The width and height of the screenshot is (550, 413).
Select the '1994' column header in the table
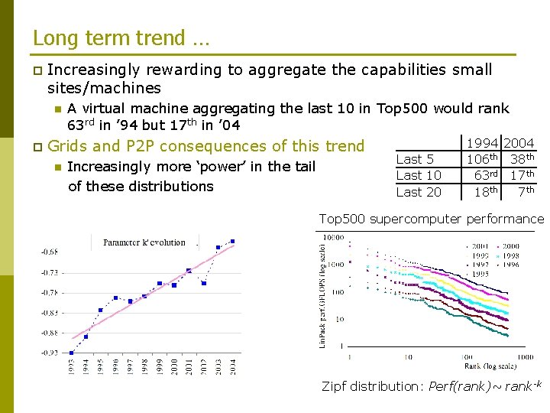[x=483, y=143]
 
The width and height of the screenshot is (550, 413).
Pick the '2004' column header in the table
[x=519, y=143]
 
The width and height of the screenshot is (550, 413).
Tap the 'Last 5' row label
[x=415, y=159]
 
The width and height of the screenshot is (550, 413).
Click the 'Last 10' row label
[x=419, y=176]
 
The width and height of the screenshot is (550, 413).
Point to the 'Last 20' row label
[x=419, y=193]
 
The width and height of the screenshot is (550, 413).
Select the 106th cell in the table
[x=483, y=159]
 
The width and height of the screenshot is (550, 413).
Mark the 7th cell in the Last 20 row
[x=526, y=191]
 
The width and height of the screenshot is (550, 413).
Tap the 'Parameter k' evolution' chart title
[x=144, y=242]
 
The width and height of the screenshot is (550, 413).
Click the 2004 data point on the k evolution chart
[x=232, y=242]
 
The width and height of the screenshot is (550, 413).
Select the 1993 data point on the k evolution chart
[x=71, y=353]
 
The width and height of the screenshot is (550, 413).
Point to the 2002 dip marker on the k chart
[x=203, y=283]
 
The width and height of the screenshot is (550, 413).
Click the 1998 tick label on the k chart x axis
[x=144, y=366]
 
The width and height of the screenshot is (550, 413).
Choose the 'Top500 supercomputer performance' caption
[x=431, y=220]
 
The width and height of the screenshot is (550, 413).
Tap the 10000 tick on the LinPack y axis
[x=335, y=239]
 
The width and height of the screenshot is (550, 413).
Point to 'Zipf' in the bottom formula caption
[x=336, y=386]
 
